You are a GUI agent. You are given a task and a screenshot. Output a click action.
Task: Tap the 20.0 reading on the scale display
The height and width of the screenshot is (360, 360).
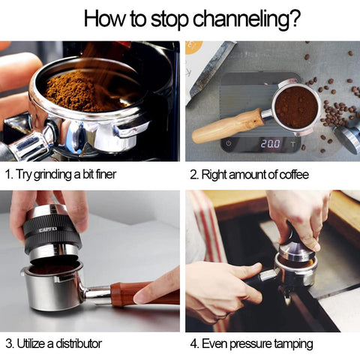click(271, 144)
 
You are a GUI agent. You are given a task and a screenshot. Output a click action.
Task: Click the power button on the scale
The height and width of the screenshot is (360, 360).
click(229, 144)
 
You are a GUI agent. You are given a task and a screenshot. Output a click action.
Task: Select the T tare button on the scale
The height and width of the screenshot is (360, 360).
click(292, 144)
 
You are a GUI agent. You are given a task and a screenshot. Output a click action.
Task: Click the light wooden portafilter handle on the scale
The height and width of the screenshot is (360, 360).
click(228, 126)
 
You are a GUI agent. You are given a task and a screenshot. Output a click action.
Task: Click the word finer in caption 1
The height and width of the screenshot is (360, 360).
click(106, 174)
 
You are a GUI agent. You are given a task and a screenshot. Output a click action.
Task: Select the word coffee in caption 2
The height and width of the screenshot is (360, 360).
click(294, 175)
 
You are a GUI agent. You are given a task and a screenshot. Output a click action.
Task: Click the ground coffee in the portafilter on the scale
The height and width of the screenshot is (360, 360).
click(296, 107)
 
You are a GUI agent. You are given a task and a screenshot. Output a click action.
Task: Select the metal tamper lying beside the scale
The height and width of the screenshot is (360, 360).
click(346, 138)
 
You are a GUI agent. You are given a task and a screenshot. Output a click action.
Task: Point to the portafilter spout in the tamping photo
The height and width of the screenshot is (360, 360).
click(287, 297)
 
